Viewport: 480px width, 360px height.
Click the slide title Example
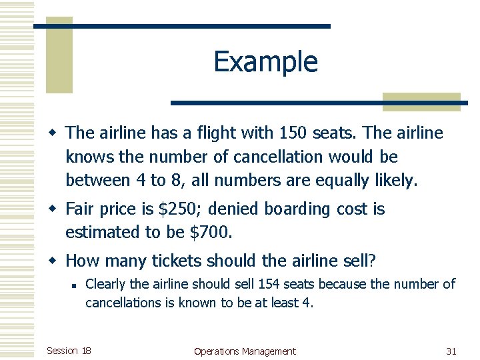(265, 62)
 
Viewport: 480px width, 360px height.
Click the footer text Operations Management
(245, 351)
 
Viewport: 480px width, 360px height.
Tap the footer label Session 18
(69, 351)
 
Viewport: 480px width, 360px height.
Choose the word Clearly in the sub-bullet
(106, 285)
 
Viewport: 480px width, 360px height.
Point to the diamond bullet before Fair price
(57, 209)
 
